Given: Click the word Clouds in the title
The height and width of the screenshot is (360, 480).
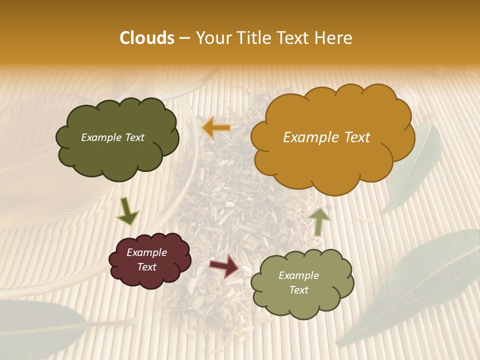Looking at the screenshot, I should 146,38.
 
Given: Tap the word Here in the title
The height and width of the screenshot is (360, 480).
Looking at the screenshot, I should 333,38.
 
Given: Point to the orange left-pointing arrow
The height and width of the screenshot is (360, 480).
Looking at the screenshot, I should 216,128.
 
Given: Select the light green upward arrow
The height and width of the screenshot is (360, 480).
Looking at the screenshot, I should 319,221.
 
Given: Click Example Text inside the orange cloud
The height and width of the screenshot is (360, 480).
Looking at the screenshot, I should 326,137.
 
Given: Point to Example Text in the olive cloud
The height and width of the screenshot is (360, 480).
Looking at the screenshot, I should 112,137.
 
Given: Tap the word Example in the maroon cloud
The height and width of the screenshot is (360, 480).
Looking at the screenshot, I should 146,252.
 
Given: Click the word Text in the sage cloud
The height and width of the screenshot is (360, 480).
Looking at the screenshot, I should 298,290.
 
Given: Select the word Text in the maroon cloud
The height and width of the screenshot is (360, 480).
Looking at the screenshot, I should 146,267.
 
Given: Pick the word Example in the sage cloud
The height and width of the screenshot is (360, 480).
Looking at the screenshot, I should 298,275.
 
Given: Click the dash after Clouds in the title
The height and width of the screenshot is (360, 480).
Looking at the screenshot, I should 184,38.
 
